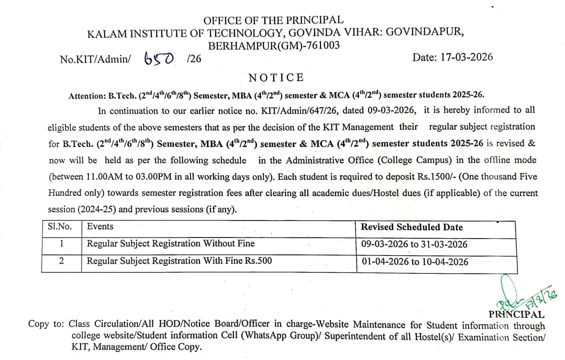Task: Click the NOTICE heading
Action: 276,78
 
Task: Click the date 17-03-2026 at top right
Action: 452,58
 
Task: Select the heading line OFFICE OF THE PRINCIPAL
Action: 273,20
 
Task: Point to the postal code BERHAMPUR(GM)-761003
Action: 274,46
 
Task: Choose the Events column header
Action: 100,227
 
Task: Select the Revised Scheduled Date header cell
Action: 412,227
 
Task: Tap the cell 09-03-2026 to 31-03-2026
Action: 414,244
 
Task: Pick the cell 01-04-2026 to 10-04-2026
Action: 415,262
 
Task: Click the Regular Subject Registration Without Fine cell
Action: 171,244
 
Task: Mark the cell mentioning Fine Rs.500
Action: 179,261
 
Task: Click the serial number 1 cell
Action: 62,244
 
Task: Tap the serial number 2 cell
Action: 62,261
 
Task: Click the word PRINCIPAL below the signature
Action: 516,314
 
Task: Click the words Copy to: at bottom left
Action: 46,324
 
